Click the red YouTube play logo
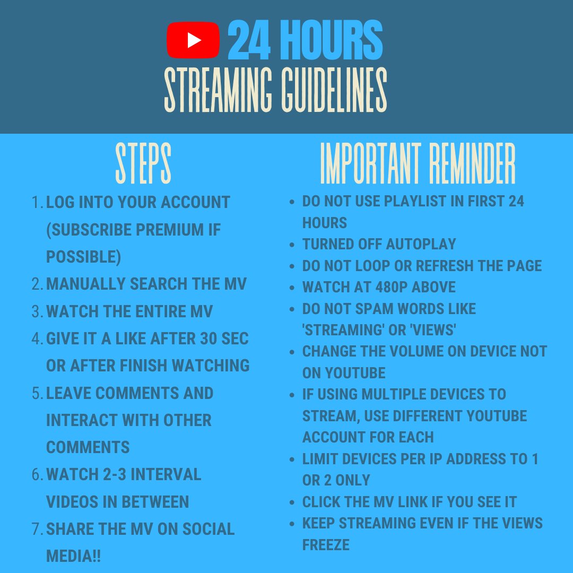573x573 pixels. pos(193,40)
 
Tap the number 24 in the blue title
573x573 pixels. pos(249,40)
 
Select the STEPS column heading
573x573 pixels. pos(143,163)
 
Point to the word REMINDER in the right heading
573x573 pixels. pos(472,163)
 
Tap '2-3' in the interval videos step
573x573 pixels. pos(115,474)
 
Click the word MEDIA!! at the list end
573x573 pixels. pos(73,556)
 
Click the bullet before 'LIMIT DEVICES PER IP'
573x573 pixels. pos(292,459)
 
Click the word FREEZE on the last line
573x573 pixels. pos(326,545)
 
